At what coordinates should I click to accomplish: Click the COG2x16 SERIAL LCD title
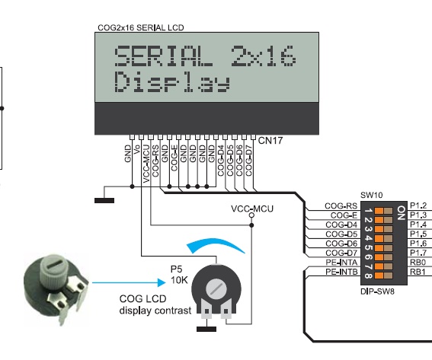pos(141,27)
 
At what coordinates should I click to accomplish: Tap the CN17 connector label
pos(270,141)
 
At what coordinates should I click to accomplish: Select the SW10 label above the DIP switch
pos(371,195)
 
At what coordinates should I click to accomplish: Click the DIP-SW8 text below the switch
pos(377,292)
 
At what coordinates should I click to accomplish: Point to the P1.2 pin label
pos(418,205)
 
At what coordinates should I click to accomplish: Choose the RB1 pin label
pos(418,272)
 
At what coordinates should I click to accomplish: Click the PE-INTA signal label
pos(341,262)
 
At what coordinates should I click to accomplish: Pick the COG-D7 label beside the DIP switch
pos(341,253)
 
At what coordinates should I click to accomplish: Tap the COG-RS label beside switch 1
pos(341,205)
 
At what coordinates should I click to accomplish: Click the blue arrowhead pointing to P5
pos(162,282)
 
